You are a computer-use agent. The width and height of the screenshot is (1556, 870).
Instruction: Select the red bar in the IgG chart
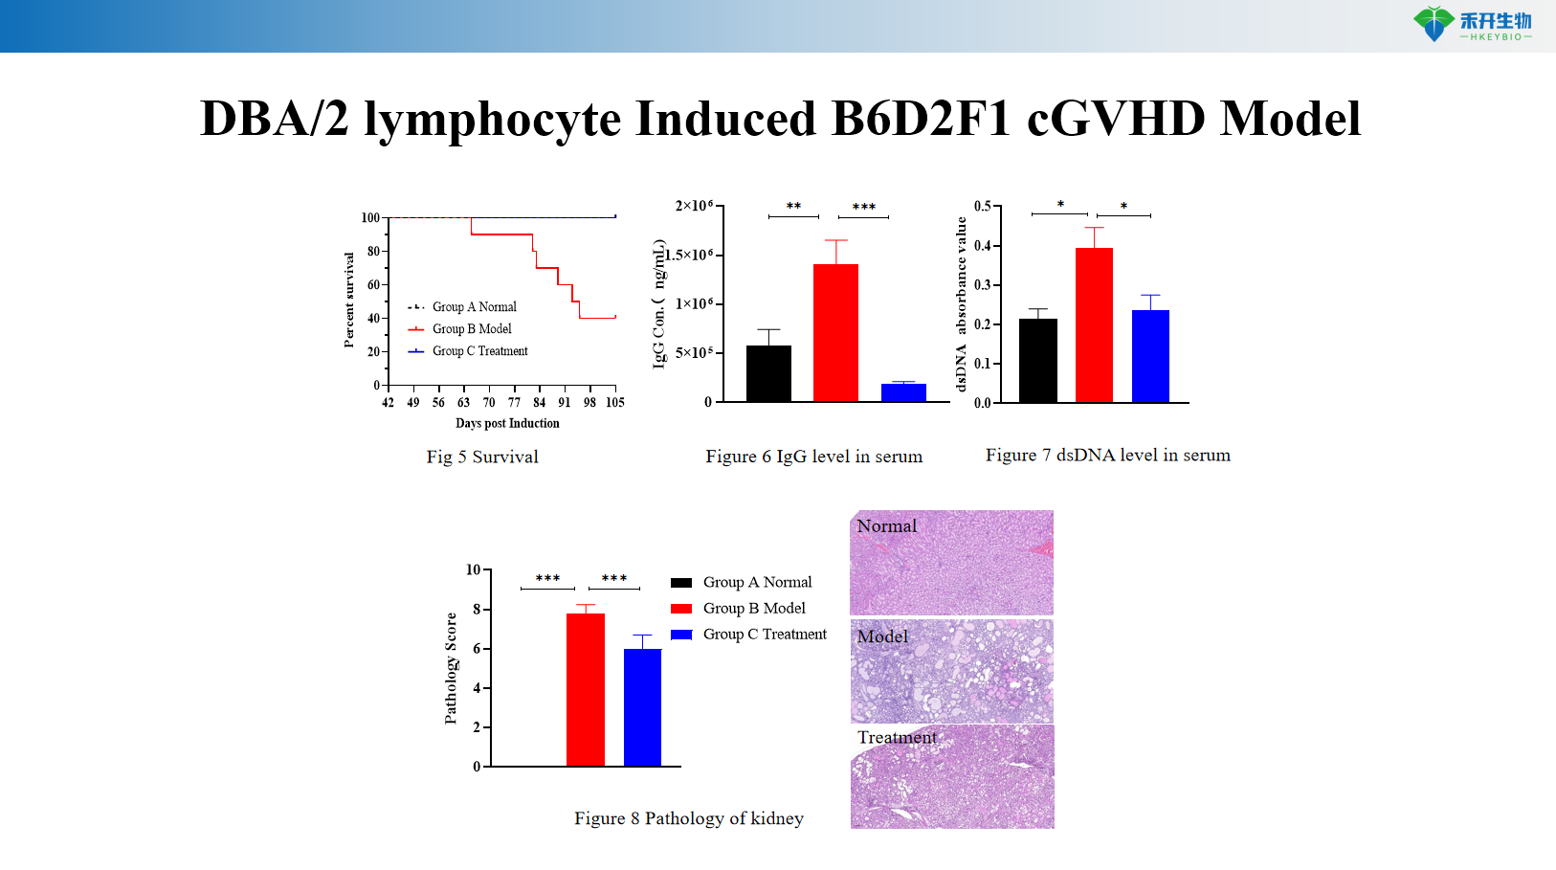835,332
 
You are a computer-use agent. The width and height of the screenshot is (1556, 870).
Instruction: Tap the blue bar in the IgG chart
903,392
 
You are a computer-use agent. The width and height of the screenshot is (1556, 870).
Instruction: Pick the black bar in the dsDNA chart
1037,360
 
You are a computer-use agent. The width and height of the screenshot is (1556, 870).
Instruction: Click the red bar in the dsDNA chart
1094,324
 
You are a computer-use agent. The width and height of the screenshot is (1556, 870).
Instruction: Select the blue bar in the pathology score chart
642,707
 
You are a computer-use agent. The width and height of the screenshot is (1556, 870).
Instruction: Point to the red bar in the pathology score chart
585,689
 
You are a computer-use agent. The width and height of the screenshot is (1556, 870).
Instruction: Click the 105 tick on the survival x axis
614,403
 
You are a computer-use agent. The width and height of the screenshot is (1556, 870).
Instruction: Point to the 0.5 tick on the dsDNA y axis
983,207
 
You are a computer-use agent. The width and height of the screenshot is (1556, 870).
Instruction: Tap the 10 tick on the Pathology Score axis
474,570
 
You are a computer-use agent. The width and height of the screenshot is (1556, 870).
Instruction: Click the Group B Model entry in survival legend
471,329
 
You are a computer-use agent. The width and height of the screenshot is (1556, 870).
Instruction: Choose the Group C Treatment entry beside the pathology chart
764,635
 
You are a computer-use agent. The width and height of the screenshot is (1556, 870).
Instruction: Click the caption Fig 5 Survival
482,457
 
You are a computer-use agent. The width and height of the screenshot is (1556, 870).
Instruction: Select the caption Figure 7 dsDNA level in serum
1107,456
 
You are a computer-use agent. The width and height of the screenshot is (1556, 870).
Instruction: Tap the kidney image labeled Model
951,671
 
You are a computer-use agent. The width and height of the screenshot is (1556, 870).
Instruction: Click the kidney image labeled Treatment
951,776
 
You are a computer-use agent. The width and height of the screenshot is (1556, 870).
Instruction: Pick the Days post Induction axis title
507,423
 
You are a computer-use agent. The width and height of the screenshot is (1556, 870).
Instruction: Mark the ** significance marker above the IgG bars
793,207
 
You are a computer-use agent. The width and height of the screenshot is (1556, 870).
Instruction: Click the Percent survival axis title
349,300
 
